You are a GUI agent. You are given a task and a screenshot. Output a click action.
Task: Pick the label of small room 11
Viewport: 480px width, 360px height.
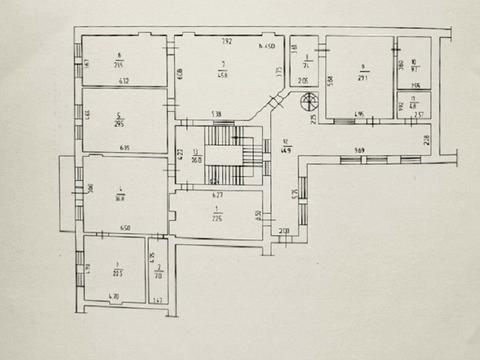pyautogui.click(x=413, y=103)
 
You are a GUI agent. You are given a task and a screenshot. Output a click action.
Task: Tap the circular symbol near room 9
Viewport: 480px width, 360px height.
pyautogui.click(x=299, y=101)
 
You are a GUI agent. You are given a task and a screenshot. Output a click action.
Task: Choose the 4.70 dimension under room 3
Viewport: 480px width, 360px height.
pyautogui.click(x=114, y=297)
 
